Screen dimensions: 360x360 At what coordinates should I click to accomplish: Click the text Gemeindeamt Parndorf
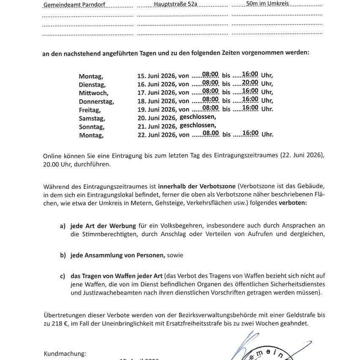click(74, 5)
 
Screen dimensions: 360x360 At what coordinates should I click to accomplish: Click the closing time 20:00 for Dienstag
click(250, 82)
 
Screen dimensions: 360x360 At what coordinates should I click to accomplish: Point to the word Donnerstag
click(96, 101)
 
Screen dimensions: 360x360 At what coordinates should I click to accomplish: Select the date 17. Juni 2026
click(156, 93)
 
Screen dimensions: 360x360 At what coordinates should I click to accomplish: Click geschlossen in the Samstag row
click(198, 117)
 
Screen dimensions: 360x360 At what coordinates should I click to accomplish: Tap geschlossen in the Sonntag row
click(198, 125)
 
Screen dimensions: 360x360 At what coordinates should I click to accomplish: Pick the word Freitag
click(90, 110)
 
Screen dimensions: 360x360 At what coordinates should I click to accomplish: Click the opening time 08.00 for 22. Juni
click(210, 133)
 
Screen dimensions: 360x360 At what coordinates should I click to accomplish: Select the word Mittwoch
click(93, 93)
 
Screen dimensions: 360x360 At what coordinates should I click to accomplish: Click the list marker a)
click(63, 226)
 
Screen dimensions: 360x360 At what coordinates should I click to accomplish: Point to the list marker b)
click(63, 255)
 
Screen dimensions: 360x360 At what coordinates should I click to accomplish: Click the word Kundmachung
click(65, 353)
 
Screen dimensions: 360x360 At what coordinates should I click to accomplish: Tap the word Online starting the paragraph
click(52, 156)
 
